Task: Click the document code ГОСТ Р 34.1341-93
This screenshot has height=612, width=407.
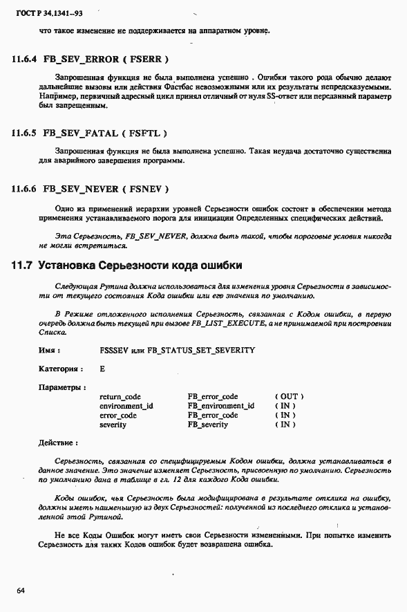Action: (43, 13)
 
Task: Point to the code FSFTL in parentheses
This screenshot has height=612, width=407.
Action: (146, 133)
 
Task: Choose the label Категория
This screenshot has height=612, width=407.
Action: (60, 369)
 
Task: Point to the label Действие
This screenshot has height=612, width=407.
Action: (57, 442)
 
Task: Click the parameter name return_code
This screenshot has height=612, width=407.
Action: (120, 397)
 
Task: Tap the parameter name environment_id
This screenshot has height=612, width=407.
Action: (126, 406)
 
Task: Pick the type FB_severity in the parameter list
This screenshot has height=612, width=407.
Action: (207, 425)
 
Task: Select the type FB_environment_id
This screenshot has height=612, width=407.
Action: (220, 406)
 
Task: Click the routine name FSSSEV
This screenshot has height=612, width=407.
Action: (115, 350)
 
